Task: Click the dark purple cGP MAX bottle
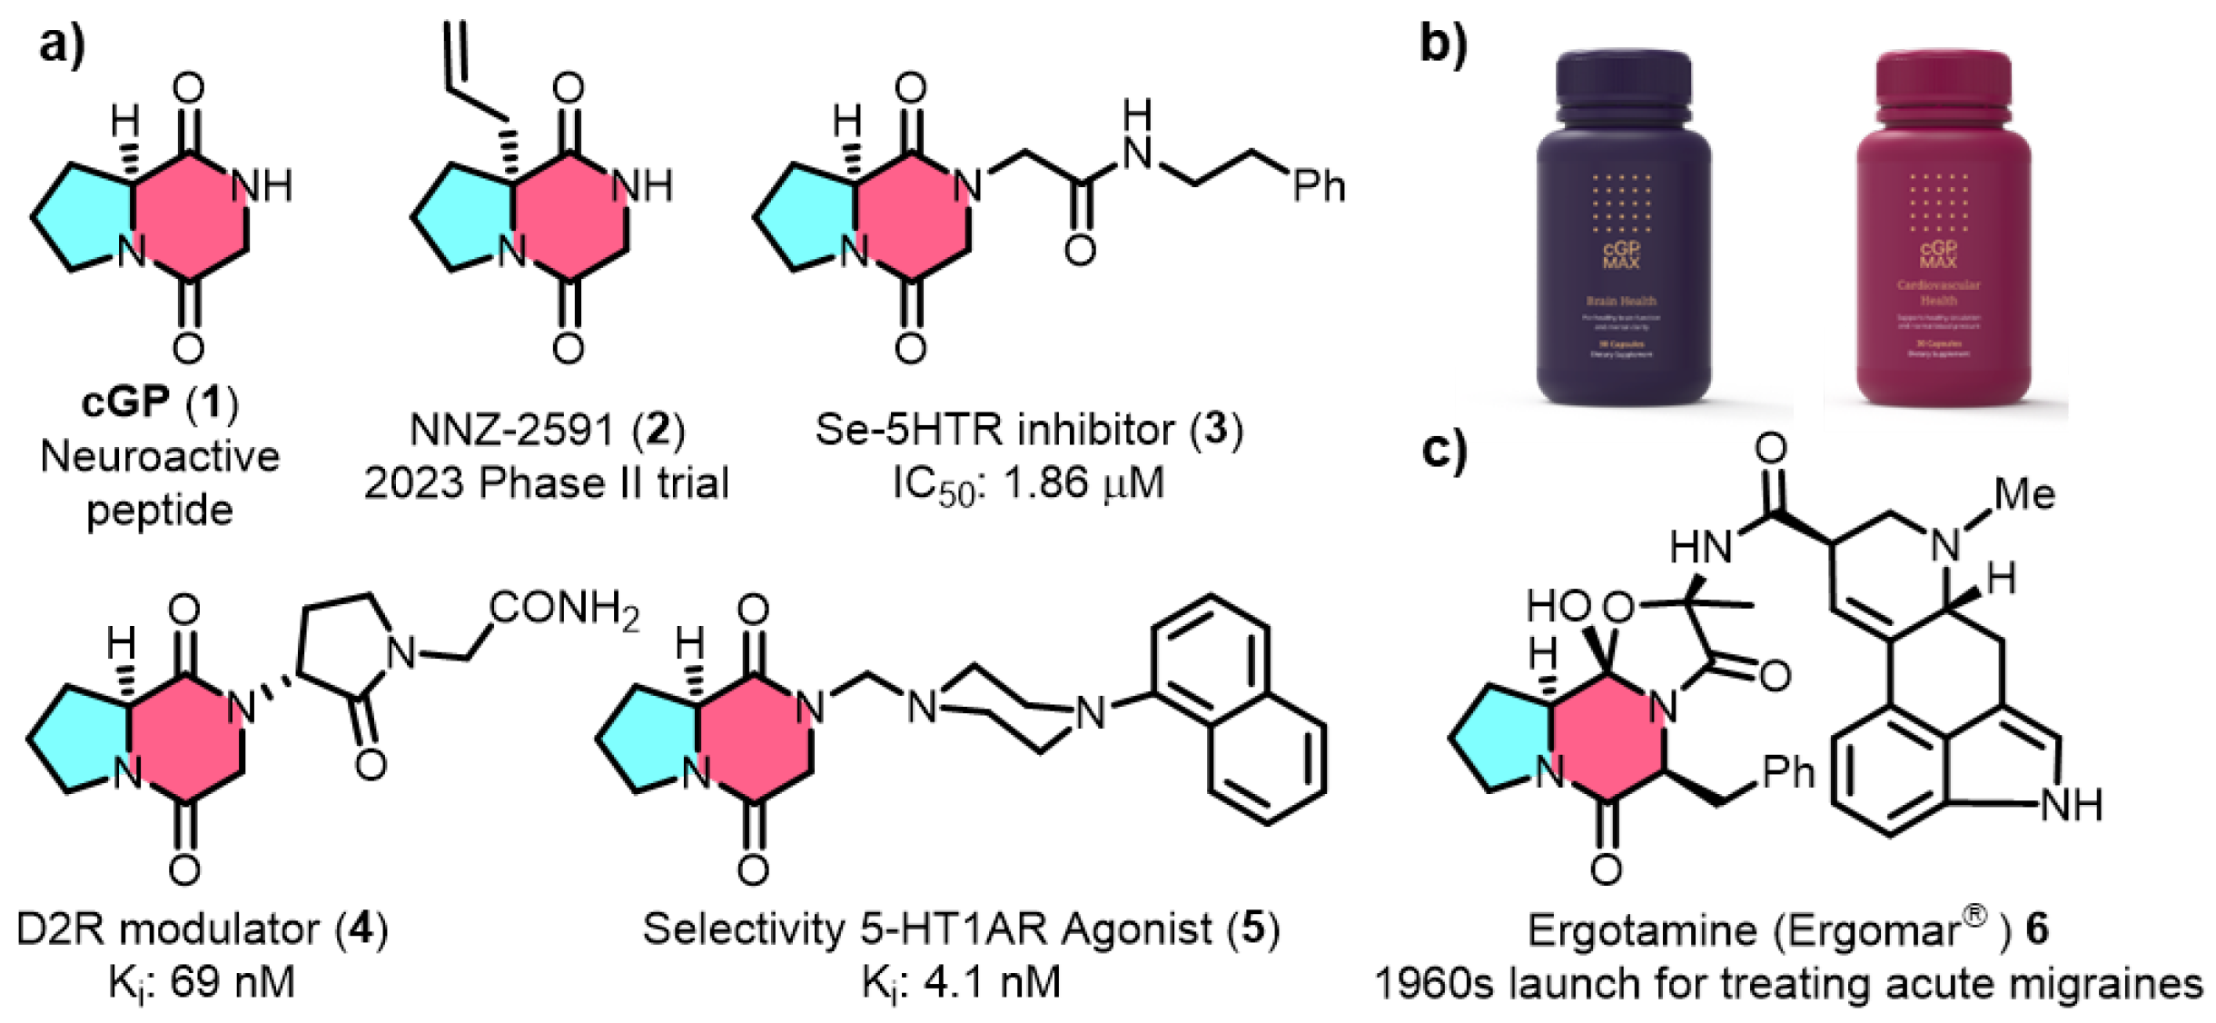point(1623,236)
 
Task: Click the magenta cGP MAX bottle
point(1942,236)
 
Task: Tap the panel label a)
point(62,44)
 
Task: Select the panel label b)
point(1443,44)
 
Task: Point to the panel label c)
point(1443,450)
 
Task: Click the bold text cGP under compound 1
point(125,402)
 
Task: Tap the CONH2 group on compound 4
point(564,609)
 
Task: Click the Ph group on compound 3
point(1319,186)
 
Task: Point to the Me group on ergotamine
point(2024,494)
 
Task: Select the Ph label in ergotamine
point(1787,772)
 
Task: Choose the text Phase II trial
point(604,483)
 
